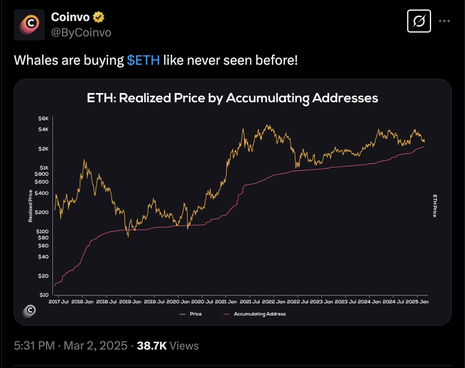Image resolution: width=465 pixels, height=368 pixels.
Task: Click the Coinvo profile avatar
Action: (29, 25)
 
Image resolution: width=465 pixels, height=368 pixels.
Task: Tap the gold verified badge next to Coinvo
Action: (99, 18)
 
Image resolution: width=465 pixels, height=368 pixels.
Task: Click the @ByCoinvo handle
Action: (81, 33)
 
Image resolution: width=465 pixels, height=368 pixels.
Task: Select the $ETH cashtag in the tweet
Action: (143, 60)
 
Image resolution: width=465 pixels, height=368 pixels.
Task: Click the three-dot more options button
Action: (444, 21)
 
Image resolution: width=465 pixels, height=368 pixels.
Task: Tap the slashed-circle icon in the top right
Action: (419, 21)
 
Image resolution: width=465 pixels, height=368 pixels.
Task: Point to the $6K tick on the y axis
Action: (44, 119)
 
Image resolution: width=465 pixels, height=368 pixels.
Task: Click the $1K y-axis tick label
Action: (44, 167)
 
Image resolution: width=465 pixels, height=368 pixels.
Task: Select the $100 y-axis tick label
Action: (43, 231)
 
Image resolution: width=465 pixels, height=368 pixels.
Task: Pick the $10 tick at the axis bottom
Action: (44, 295)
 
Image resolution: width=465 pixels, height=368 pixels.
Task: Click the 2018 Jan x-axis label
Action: (83, 302)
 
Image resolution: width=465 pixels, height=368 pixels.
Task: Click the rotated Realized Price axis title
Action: (30, 206)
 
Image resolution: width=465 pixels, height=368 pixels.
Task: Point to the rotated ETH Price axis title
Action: (434, 206)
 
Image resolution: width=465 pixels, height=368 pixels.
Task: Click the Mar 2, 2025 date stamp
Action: (95, 346)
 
